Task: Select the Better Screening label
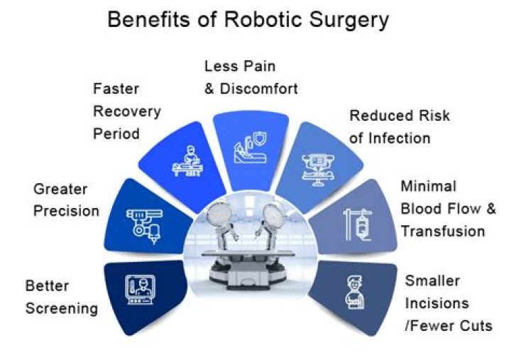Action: tap(61, 297)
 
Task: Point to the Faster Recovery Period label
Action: tap(126, 111)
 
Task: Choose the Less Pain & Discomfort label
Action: tap(251, 77)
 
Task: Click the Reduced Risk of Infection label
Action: tap(400, 126)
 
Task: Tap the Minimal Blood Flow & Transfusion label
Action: tap(442, 209)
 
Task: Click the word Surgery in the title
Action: tap(346, 19)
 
